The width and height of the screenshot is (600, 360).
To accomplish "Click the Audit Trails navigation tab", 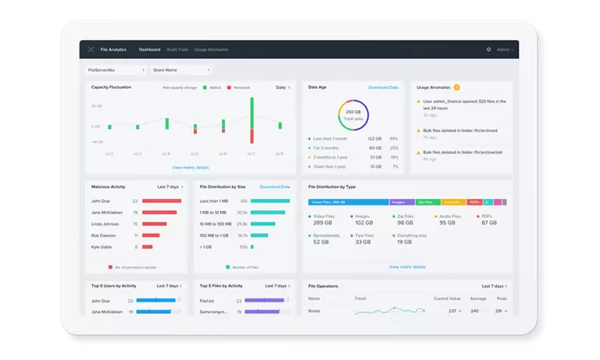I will [177, 49].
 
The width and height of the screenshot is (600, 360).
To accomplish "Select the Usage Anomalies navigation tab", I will [212, 49].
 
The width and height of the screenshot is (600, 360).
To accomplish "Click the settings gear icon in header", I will [489, 49].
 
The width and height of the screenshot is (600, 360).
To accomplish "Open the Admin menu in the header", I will [505, 49].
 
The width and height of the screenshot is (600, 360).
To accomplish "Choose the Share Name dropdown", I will [180, 70].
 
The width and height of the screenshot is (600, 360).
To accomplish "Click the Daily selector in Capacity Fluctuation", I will [282, 87].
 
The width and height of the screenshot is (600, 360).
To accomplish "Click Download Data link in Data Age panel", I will [383, 87].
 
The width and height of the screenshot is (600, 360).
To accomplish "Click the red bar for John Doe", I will [161, 201].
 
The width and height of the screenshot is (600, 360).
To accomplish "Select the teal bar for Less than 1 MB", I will [270, 201].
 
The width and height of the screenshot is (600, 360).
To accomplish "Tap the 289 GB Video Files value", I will [323, 223].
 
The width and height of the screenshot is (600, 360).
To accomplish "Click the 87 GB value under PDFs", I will [489, 223].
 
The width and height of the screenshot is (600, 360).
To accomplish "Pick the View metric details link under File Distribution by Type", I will [407, 266].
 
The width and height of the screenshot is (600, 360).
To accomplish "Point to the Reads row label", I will [314, 311].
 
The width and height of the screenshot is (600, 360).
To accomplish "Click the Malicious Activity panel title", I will [109, 187].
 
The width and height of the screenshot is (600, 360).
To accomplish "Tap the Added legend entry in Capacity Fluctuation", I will [215, 87].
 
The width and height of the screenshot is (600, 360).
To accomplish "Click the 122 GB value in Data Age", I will [374, 138].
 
